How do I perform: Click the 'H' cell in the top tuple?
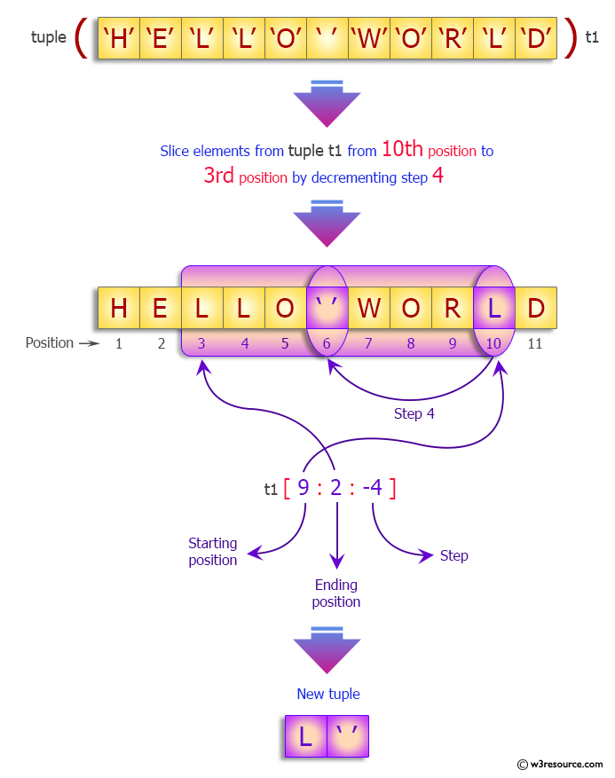119,38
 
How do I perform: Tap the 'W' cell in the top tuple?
369,38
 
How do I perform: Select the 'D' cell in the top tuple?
536,38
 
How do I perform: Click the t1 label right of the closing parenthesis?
593,38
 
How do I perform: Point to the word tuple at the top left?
49,37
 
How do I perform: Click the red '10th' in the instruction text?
403,150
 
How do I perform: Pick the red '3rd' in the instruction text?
218,176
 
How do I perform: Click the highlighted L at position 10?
493,308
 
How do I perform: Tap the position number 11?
535,343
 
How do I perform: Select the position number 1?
119,343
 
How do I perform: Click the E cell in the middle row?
161,308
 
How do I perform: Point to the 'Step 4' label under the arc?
414,413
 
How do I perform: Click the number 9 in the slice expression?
304,487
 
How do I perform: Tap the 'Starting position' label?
213,551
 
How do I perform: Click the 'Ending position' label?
336,593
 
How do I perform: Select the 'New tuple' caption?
328,694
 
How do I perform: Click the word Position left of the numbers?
50,342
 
